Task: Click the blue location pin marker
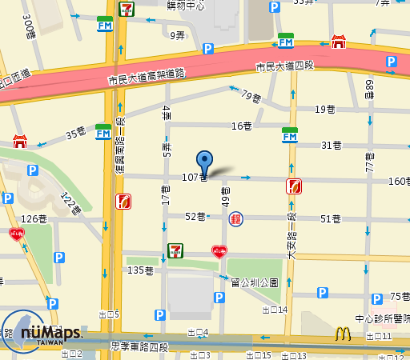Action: tap(205, 162)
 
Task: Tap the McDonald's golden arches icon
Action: tap(344, 334)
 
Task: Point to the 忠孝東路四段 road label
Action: tap(140, 346)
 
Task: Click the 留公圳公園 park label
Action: tap(254, 282)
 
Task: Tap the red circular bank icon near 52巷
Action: tap(236, 218)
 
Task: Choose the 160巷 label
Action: tap(399, 181)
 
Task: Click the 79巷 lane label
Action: tap(251, 98)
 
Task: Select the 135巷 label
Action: tap(140, 270)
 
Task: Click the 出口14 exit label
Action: tap(275, 309)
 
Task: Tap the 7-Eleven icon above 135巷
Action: tap(175, 251)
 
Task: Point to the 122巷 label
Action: tap(71, 205)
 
